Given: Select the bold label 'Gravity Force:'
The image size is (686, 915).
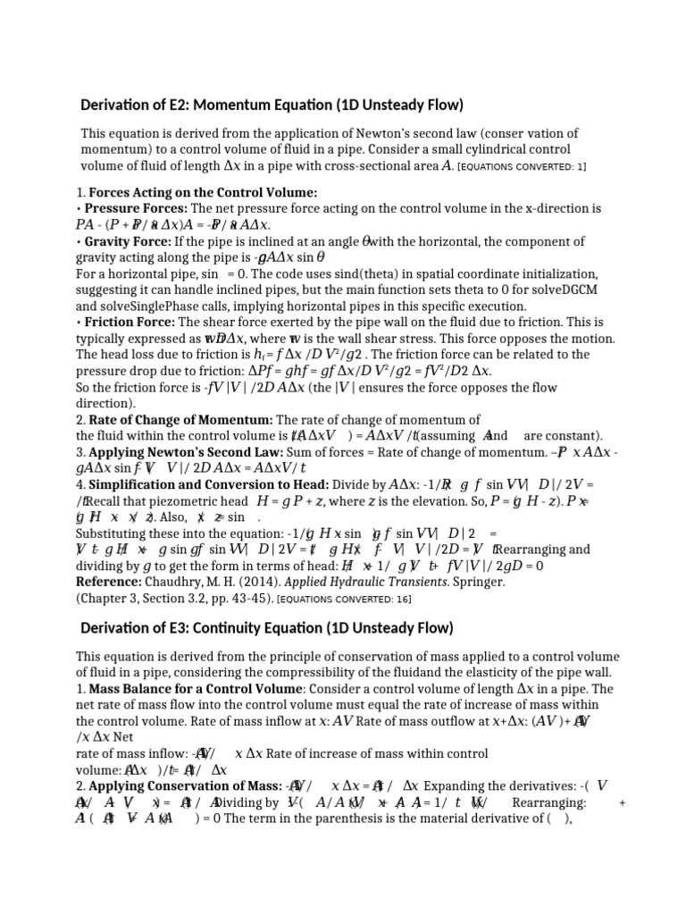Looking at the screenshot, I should (x=135, y=242).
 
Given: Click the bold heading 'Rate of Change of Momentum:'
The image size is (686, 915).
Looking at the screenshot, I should (x=180, y=420).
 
